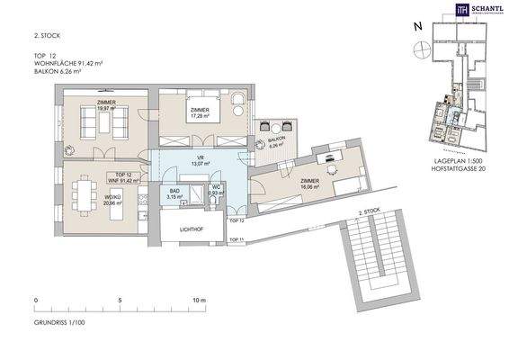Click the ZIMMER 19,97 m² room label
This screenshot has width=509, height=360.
93,109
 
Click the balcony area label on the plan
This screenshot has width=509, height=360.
275,144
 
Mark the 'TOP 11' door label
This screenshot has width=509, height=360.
236,239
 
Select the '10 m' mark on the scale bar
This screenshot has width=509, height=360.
197,300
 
